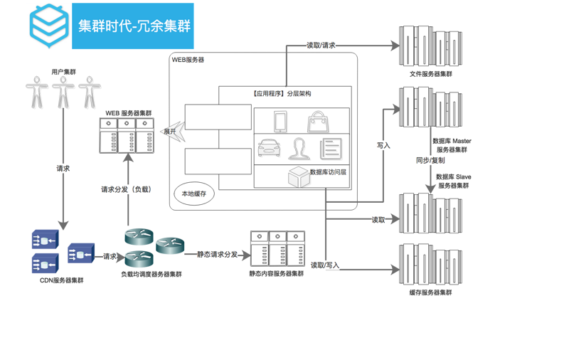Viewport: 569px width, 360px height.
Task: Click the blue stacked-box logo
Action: click(48, 26)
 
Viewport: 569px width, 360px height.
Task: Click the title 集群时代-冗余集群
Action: click(134, 26)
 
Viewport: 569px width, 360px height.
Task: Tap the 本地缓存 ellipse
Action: click(193, 194)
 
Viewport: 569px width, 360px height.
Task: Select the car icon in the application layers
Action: click(269, 148)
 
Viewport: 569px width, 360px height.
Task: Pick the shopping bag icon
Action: click(318, 122)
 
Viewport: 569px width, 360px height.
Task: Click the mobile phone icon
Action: click(280, 122)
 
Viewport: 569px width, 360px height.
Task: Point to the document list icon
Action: click(331, 149)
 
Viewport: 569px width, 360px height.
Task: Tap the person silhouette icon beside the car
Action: click(299, 149)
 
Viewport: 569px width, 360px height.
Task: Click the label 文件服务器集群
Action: click(431, 74)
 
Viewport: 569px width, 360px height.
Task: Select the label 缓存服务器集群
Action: click(431, 292)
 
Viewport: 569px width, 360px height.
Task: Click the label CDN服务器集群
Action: click(62, 280)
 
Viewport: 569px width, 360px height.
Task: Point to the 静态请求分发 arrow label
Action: click(218, 255)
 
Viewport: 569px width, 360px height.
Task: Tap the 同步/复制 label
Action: click(430, 160)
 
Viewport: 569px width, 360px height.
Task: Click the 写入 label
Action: click(383, 146)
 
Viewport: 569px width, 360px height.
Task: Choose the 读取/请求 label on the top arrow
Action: click(321, 46)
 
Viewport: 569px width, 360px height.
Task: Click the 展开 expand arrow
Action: click(174, 132)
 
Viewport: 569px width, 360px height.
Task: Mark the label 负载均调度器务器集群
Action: click(151, 275)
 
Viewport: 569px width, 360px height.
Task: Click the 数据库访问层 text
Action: click(328, 172)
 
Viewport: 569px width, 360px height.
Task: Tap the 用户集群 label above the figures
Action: click(64, 72)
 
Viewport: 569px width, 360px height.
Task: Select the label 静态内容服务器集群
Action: click(277, 274)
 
